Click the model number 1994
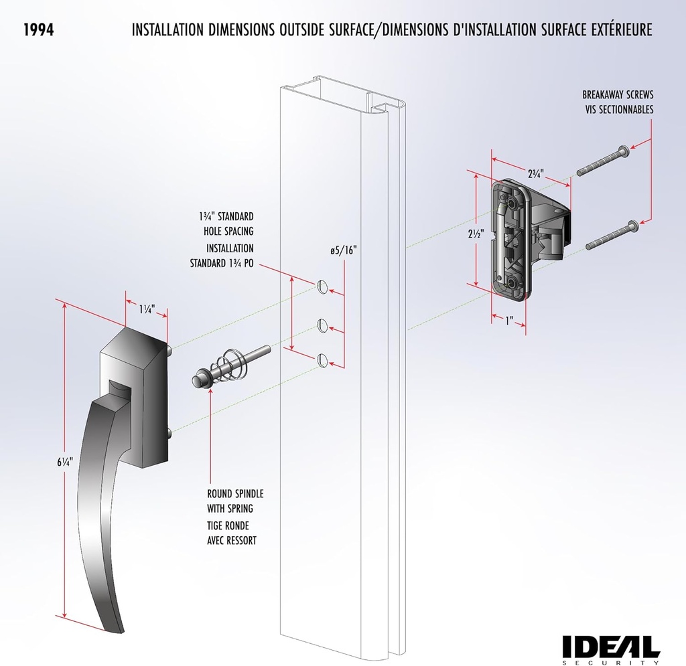pyautogui.click(x=38, y=30)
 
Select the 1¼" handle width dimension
pyautogui.click(x=147, y=309)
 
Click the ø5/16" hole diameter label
pyautogui.click(x=343, y=250)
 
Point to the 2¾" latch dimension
pyautogui.click(x=535, y=174)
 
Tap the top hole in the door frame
pyautogui.click(x=322, y=287)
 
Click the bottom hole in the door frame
pyautogui.click(x=322, y=360)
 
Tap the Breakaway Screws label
pyautogui.click(x=617, y=102)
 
